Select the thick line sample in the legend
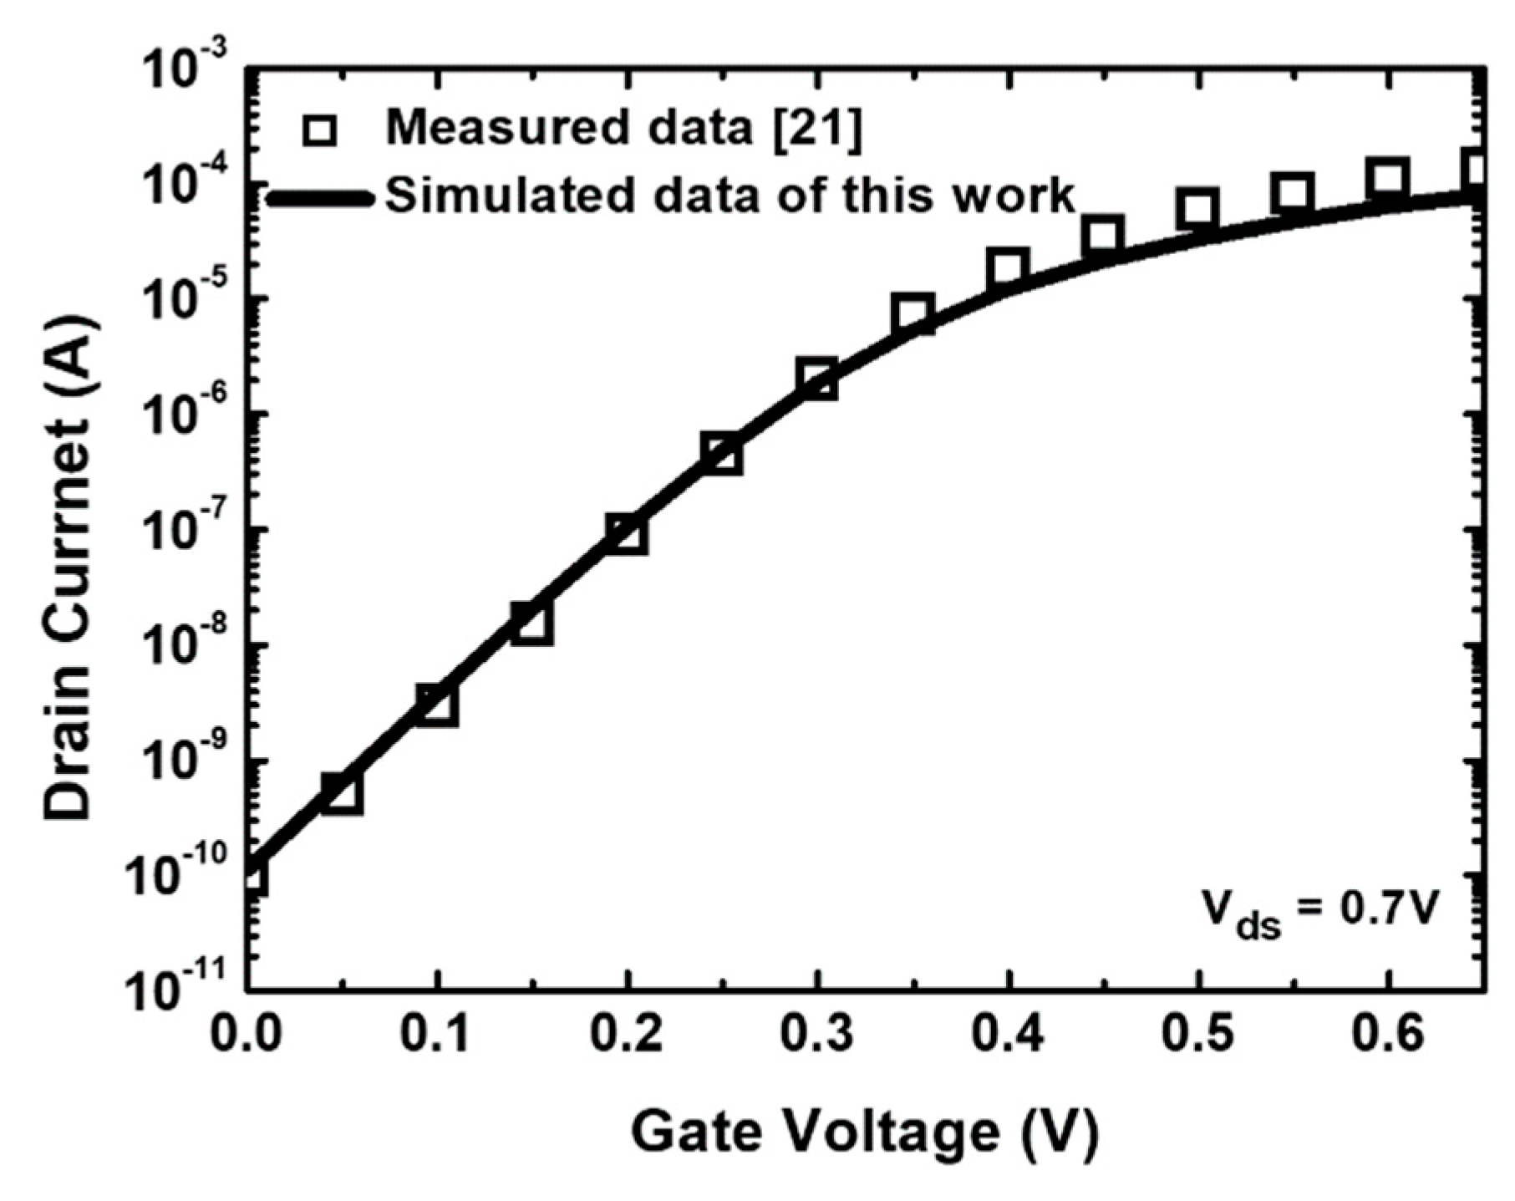[320, 199]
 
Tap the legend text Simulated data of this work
[729, 196]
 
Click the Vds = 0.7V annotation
[1320, 911]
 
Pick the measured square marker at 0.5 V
[1197, 209]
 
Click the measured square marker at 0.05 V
[342, 793]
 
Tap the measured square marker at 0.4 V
[1008, 268]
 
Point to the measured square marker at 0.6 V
[1387, 178]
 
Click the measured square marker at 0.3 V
[817, 379]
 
